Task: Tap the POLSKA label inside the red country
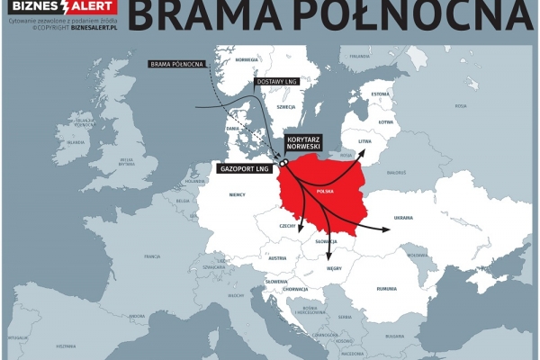point(325,192)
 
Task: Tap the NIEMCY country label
point(238,193)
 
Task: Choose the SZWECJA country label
point(286,106)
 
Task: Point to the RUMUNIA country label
point(387,288)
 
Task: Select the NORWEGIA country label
point(246,60)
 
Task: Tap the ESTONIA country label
point(381,94)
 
